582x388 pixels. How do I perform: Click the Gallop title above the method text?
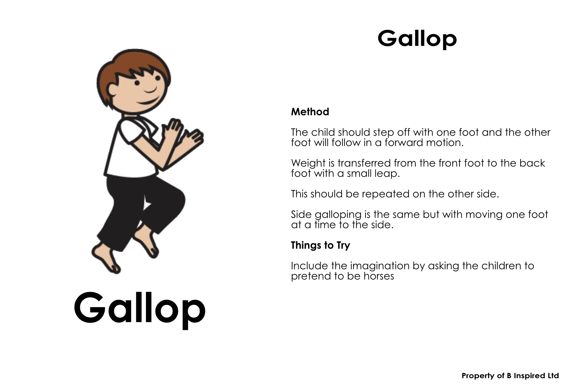click(x=417, y=39)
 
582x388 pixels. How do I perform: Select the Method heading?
click(x=310, y=112)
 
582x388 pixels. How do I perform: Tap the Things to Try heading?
click(x=321, y=245)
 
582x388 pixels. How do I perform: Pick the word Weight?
click(x=308, y=164)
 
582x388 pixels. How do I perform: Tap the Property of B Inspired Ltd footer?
click(x=510, y=376)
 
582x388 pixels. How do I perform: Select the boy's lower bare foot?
click(x=106, y=258)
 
